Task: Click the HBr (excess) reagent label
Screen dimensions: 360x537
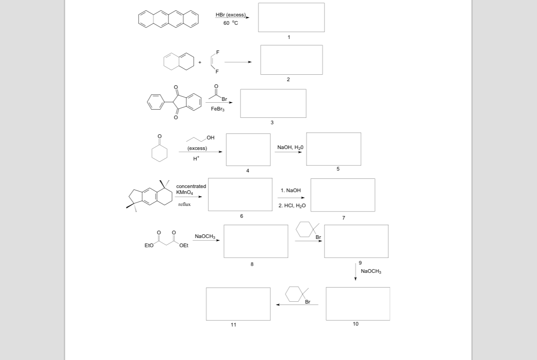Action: point(230,15)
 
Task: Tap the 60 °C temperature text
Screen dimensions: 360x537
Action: point(230,23)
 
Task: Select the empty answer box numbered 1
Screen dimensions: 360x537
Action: point(291,17)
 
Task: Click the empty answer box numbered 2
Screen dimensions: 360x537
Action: point(291,60)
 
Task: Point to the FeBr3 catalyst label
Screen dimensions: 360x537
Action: point(218,109)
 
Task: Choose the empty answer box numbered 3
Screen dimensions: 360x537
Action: point(273,103)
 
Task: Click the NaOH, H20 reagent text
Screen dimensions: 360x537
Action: point(290,147)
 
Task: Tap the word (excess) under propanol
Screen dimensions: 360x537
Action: point(197,149)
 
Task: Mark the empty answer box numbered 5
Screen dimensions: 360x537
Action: point(334,149)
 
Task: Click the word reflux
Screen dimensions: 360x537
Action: point(185,204)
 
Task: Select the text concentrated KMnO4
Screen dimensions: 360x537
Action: point(191,189)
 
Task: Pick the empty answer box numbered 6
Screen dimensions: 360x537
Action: point(240,194)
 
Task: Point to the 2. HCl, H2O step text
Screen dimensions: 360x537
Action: point(292,205)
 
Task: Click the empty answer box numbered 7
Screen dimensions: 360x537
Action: point(342,195)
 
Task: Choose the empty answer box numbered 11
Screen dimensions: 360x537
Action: point(238,304)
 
